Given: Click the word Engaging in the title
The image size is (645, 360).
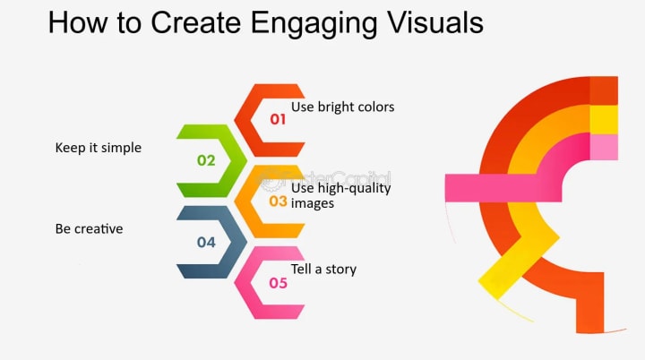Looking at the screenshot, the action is tap(314, 24).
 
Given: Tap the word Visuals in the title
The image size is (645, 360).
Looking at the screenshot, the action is tap(435, 22).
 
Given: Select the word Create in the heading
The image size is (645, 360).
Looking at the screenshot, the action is tap(196, 22).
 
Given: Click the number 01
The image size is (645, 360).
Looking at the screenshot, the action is tap(278, 119).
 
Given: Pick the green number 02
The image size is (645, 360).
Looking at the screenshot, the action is tap(206, 160).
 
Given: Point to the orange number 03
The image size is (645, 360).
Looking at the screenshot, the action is tap(278, 201).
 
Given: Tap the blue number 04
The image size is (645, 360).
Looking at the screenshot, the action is tap(206, 243).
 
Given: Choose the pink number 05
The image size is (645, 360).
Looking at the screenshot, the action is tap(278, 283).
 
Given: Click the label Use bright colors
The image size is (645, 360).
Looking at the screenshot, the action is tap(342, 107).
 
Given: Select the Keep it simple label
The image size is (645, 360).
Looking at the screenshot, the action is tap(99, 148).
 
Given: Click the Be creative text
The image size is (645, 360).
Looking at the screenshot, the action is tap(89, 228).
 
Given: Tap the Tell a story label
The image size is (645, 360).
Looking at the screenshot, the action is tap(323, 270).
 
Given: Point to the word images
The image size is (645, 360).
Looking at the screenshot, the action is tap(313, 203).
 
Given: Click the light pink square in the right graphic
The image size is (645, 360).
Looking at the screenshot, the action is tap(604, 147).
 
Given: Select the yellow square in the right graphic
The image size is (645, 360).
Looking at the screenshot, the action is tap(604, 119).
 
